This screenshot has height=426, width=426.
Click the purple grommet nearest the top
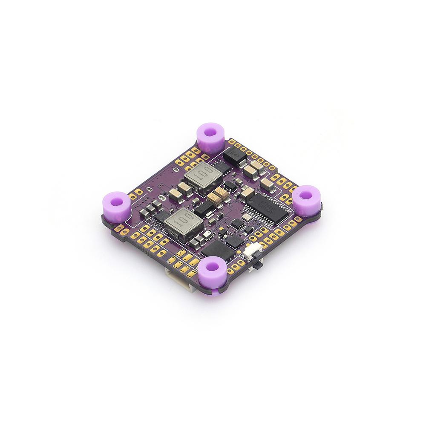tap(210, 137)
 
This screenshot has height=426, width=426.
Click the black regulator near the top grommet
tap(234, 156)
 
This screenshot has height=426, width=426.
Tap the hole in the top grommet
tap(210, 132)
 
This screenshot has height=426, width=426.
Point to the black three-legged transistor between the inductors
tap(204, 208)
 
